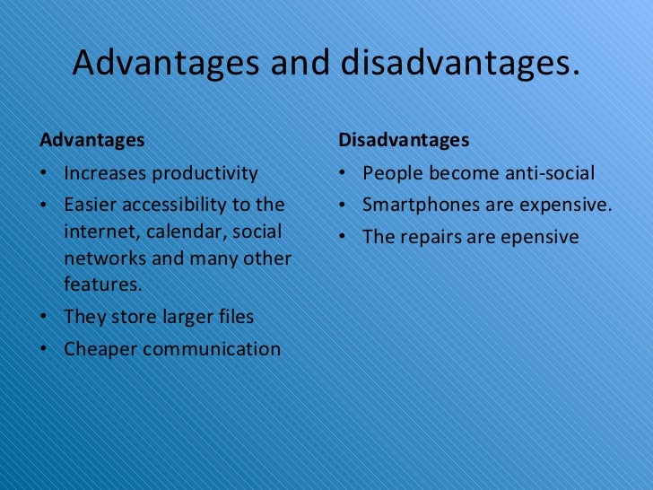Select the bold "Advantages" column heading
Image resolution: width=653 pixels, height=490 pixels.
[92, 141]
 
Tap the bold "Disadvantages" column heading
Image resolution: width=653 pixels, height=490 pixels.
[404, 141]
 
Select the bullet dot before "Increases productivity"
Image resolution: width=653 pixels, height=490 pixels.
[45, 174]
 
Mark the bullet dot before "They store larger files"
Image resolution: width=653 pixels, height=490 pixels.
[45, 318]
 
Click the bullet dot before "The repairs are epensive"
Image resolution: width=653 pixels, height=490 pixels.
[344, 238]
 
